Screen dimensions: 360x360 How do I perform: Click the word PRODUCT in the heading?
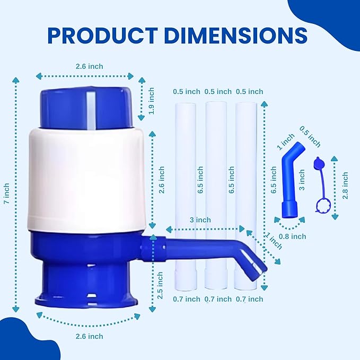pyautogui.click(x=103, y=36)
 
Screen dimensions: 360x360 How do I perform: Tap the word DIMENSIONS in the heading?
pyautogui.click(x=235, y=36)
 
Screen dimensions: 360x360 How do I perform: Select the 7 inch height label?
pyautogui.click(x=7, y=194)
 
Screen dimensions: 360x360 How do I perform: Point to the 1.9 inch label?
pyautogui.click(x=151, y=101)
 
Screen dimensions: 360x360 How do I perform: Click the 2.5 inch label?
pyautogui.click(x=160, y=285)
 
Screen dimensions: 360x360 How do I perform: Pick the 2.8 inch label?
pyautogui.click(x=345, y=186)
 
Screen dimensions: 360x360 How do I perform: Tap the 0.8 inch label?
pyautogui.click(x=293, y=236)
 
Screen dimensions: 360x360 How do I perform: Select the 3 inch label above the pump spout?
pyautogui.click(x=200, y=219)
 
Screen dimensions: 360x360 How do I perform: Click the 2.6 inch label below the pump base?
pyautogui.click(x=89, y=336)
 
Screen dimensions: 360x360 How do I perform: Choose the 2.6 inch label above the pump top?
pyautogui.click(x=89, y=66)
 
